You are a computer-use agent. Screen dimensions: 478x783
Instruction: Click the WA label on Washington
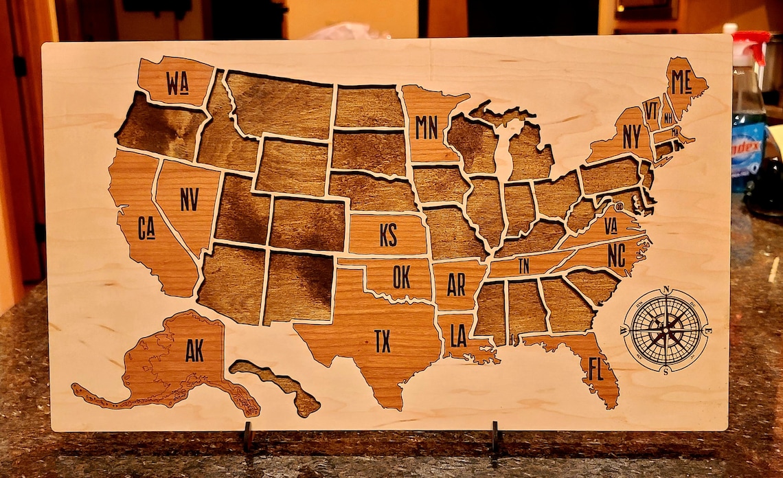177,83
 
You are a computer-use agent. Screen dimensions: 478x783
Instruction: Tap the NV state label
189,199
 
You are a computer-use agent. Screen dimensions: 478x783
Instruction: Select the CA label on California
146,228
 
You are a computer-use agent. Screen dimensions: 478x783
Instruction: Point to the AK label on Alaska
194,350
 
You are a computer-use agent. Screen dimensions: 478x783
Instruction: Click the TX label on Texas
383,341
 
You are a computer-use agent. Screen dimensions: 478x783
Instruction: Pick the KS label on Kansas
388,235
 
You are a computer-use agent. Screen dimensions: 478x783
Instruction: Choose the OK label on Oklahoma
402,276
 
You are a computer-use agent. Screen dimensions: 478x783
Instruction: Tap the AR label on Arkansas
456,284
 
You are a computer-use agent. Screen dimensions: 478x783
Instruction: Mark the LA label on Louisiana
459,335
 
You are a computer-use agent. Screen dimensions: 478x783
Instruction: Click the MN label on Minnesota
427,127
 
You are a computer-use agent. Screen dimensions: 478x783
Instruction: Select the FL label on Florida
595,369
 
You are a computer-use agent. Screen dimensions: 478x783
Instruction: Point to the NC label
616,255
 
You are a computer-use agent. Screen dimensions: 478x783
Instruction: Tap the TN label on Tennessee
524,266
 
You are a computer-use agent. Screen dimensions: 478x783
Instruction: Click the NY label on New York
632,136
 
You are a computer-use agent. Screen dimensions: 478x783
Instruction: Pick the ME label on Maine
681,82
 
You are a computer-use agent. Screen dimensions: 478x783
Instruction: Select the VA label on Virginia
611,226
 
